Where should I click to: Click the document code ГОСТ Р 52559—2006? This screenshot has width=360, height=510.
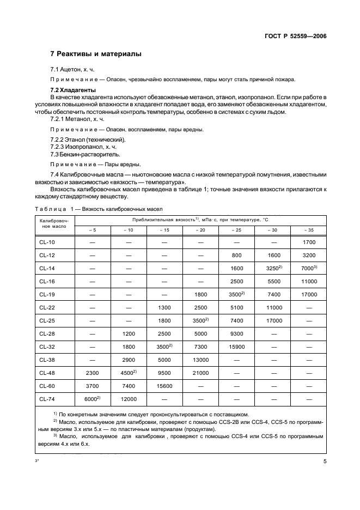[292, 37]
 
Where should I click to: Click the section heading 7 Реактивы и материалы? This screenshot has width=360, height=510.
[96, 54]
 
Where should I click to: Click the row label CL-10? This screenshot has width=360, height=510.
[47, 242]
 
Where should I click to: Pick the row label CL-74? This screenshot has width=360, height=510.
[47, 399]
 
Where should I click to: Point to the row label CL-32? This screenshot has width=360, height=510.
[47, 347]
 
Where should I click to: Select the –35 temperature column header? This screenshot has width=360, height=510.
[308, 229]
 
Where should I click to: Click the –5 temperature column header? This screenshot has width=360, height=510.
[93, 229]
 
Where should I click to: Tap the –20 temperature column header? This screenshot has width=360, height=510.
[200, 229]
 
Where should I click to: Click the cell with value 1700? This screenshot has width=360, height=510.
[308, 242]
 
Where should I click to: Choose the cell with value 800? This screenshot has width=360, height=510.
[236, 255]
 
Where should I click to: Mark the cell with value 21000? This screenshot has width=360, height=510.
[200, 373]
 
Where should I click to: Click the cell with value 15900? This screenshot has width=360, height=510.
[236, 347]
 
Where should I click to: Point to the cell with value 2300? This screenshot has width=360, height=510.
[93, 373]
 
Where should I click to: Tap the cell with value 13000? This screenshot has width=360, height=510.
[200, 360]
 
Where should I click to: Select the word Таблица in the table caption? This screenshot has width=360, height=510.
[49, 209]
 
